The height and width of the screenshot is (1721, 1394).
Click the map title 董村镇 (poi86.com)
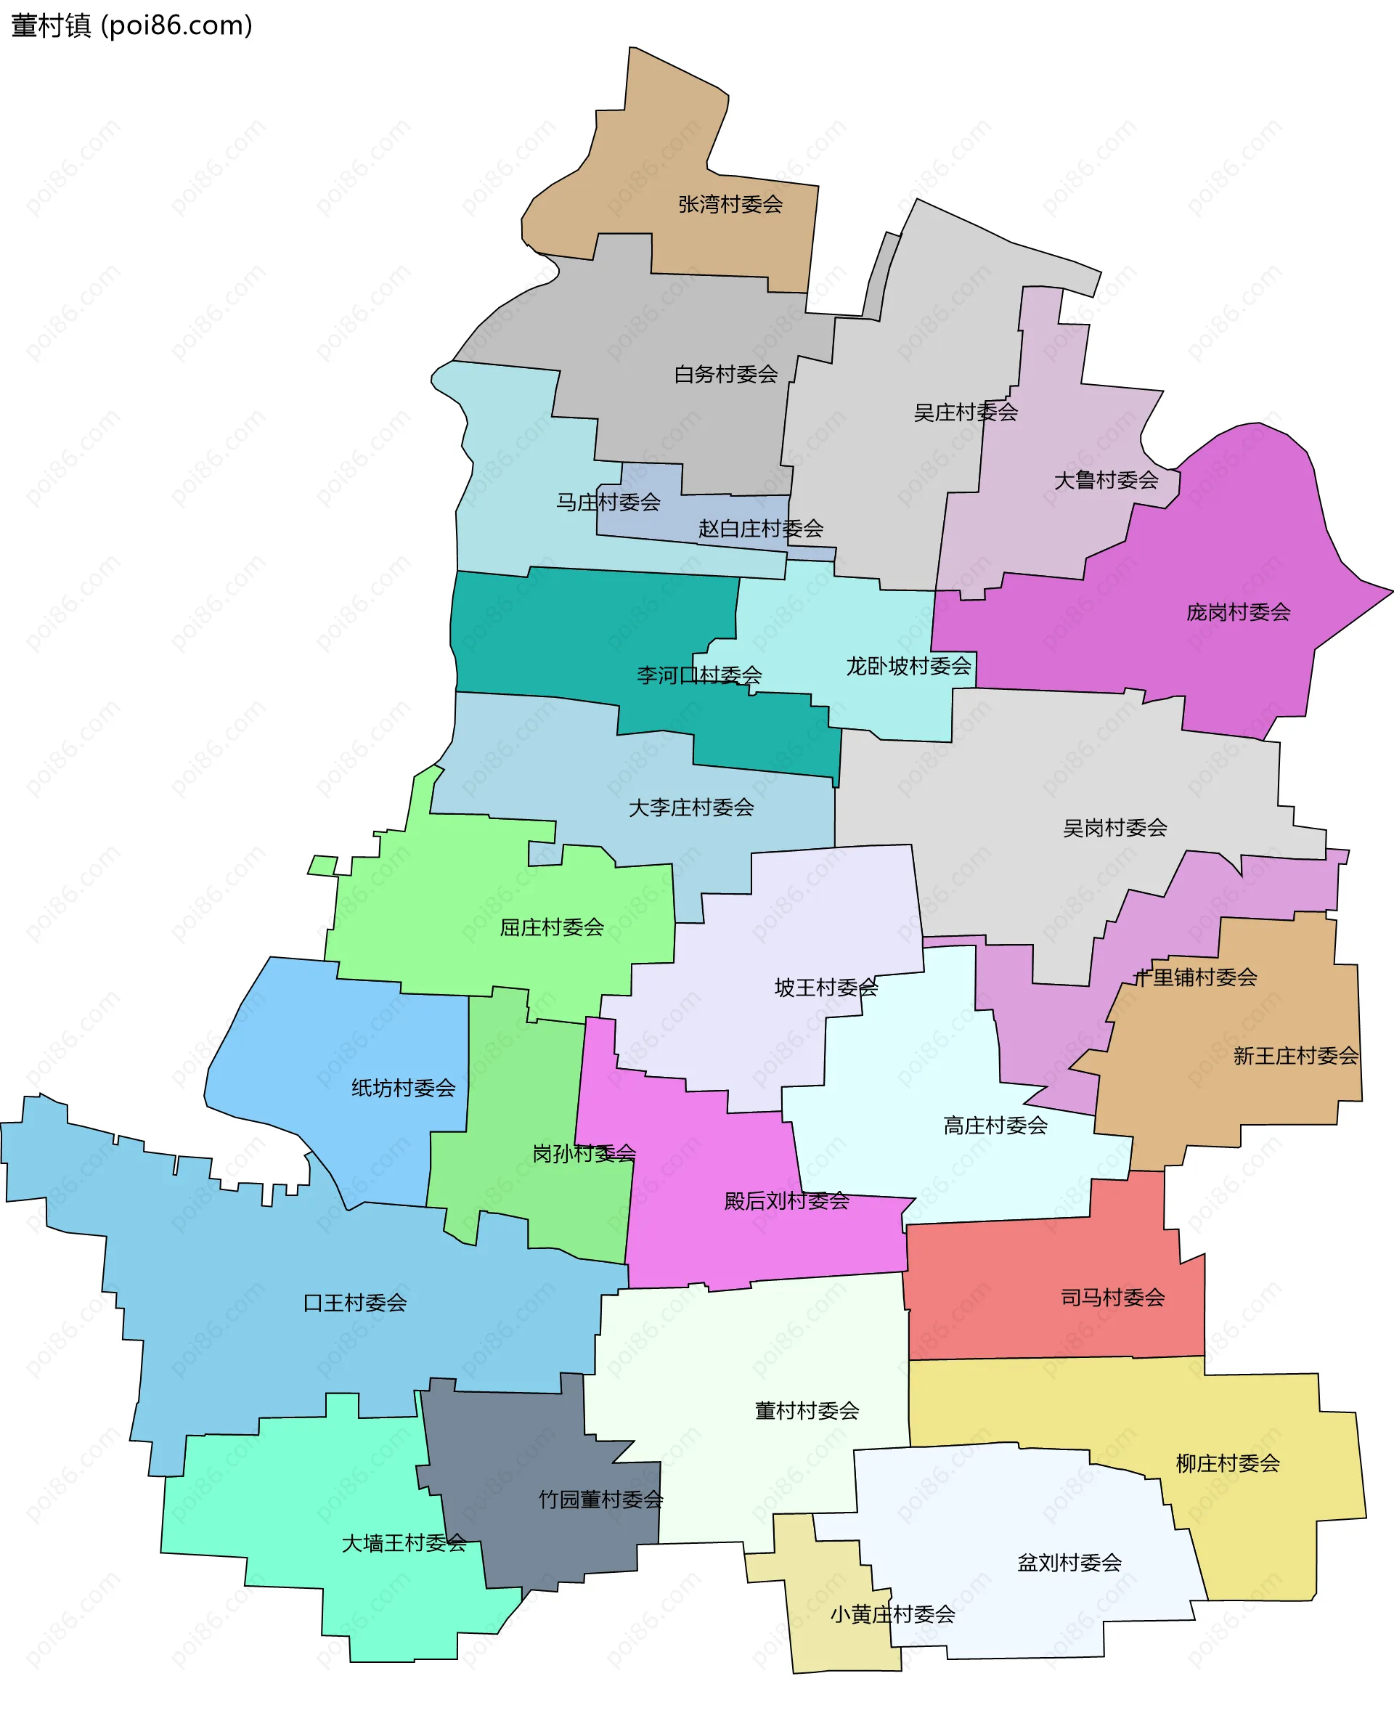point(131,25)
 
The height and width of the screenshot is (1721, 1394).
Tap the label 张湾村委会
point(730,205)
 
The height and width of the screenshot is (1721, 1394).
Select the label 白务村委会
point(726,374)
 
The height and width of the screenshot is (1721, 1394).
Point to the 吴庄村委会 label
point(966,412)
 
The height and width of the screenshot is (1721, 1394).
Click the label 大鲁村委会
point(1106,480)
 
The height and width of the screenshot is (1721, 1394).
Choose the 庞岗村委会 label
point(1238,613)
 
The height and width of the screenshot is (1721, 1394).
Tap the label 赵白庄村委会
point(760,529)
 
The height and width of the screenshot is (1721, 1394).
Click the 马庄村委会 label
point(608,503)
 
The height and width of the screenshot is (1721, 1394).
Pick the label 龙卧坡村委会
point(908,666)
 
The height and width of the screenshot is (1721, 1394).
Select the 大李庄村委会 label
point(690,807)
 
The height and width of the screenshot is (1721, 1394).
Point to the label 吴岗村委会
point(1114,828)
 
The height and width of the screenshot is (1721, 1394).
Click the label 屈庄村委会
point(552,927)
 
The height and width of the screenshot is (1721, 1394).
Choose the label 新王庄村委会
point(1295,1056)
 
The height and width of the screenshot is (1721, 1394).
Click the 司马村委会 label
point(1112,1298)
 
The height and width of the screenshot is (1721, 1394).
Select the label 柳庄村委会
point(1227,1463)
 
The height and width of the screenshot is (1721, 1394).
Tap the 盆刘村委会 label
point(1069,1563)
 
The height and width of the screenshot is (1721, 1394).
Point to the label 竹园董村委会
point(600,1500)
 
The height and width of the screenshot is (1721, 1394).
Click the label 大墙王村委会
point(404,1542)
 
